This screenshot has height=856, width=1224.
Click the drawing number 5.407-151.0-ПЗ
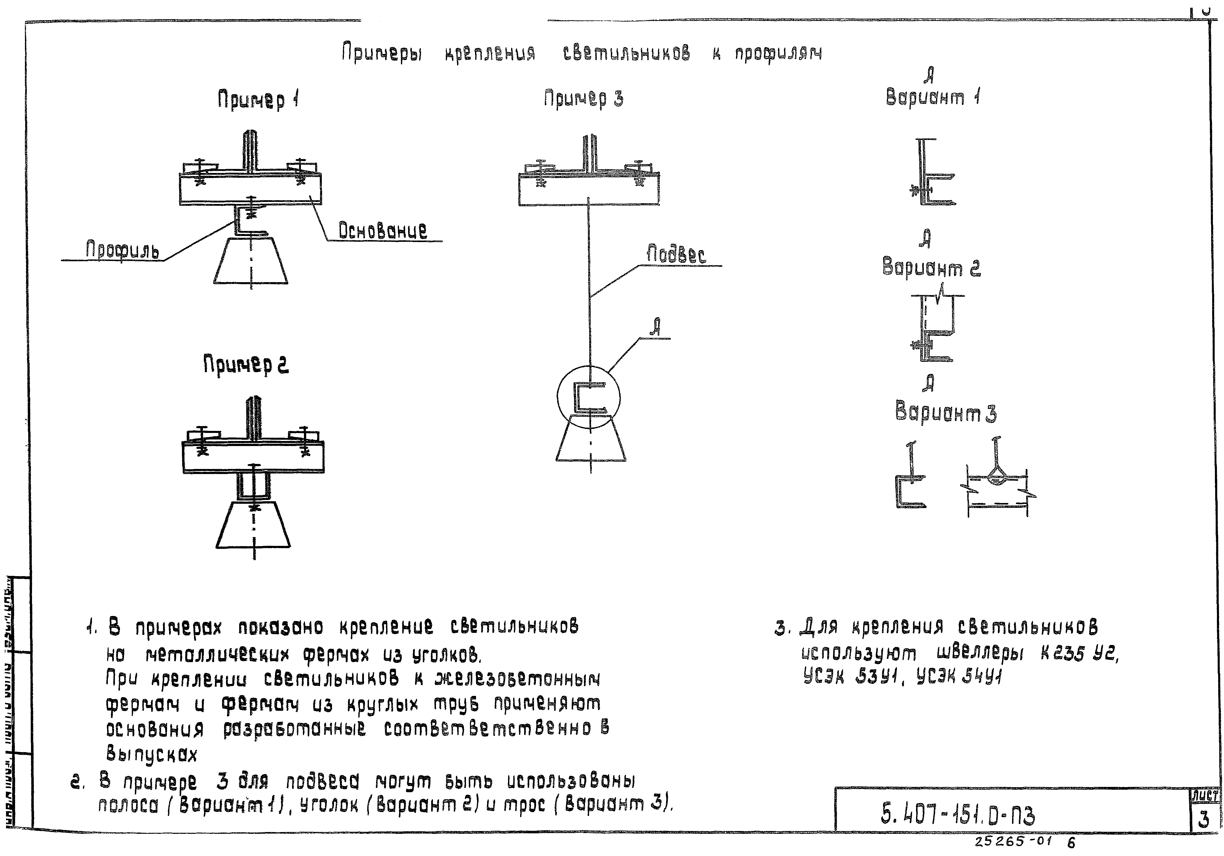coord(957,815)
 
